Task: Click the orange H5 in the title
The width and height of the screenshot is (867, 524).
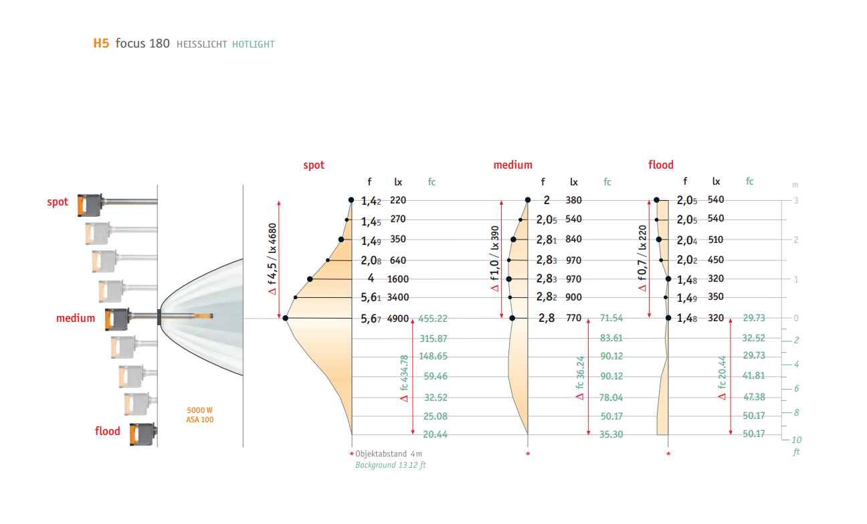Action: [100, 44]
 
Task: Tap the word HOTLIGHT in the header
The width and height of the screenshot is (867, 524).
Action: [254, 45]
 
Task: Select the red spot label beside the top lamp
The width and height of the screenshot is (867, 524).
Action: [58, 202]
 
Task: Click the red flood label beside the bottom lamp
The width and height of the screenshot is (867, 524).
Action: [108, 431]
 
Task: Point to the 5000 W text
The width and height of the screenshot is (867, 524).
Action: [200, 410]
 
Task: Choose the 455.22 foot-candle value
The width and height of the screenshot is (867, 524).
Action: [433, 319]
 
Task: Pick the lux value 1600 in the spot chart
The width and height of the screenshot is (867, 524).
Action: [398, 279]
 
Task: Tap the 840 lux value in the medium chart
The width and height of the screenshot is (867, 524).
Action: [574, 240]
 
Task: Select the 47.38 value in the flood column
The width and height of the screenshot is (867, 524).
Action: [754, 398]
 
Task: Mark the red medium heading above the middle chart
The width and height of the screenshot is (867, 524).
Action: [513, 165]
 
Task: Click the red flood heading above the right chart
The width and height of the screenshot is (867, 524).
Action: [661, 165]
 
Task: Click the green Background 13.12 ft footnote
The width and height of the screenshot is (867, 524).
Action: [390, 465]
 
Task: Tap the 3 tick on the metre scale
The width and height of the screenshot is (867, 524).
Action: [795, 201]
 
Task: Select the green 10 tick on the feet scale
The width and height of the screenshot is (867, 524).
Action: [796, 440]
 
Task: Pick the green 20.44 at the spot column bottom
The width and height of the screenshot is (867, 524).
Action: [436, 435]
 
